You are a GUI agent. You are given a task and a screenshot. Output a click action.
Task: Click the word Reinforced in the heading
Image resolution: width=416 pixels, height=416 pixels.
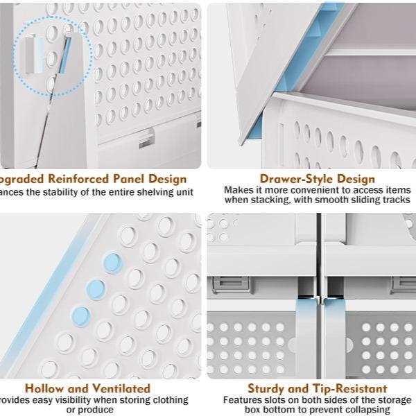point(76,179)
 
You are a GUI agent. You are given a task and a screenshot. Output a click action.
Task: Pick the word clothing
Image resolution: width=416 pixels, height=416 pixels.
point(169,400)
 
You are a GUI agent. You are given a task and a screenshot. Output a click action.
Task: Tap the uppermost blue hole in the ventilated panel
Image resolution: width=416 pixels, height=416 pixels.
point(112,263)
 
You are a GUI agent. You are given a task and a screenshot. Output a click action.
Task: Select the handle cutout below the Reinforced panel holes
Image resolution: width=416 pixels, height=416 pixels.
point(146,139)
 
